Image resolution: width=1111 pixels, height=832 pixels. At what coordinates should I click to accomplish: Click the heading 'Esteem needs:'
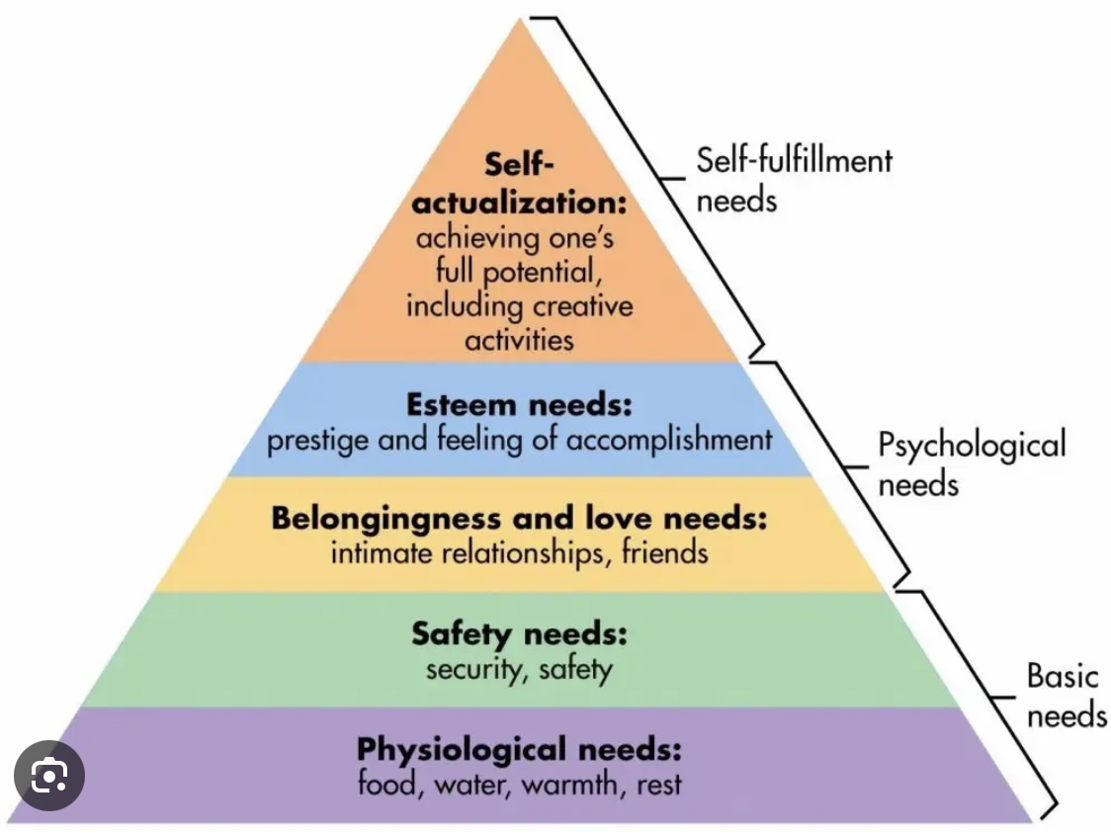pyautogui.click(x=519, y=405)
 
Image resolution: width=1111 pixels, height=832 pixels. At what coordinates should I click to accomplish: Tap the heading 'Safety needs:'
pyautogui.click(x=519, y=632)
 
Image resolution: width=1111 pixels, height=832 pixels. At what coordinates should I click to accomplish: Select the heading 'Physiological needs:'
pyautogui.click(x=519, y=748)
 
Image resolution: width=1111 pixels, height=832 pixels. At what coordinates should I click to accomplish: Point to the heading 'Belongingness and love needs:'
pyautogui.click(x=519, y=517)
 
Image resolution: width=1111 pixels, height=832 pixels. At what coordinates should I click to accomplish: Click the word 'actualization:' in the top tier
pyautogui.click(x=520, y=204)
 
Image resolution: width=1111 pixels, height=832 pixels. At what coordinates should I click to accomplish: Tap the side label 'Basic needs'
pyautogui.click(x=1066, y=696)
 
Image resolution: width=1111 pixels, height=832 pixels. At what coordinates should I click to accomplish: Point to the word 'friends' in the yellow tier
pyautogui.click(x=664, y=551)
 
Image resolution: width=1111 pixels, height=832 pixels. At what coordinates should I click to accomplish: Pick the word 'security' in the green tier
pyautogui.click(x=469, y=669)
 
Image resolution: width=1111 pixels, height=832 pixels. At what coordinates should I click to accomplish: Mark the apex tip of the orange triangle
pyautogui.click(x=520, y=19)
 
